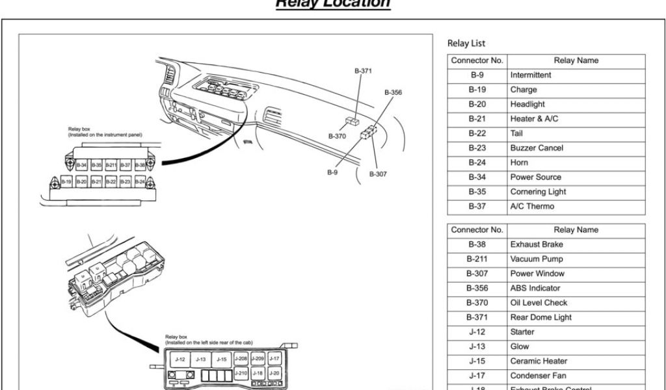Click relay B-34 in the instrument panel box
(82, 165)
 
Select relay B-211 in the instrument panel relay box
(111, 165)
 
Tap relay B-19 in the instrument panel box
(66, 182)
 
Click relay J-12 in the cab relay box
(181, 359)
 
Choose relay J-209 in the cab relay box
(258, 358)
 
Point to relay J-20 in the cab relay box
(274, 373)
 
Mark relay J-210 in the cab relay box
(241, 373)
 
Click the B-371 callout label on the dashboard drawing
(363, 70)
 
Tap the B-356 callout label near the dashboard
(393, 92)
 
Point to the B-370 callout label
(337, 136)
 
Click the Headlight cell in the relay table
(527, 104)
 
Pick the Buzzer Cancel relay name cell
(537, 148)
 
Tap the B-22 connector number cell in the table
(477, 133)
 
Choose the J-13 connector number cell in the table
(477, 346)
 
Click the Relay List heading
(466, 44)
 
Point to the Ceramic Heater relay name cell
(539, 361)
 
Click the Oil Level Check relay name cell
(539, 303)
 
